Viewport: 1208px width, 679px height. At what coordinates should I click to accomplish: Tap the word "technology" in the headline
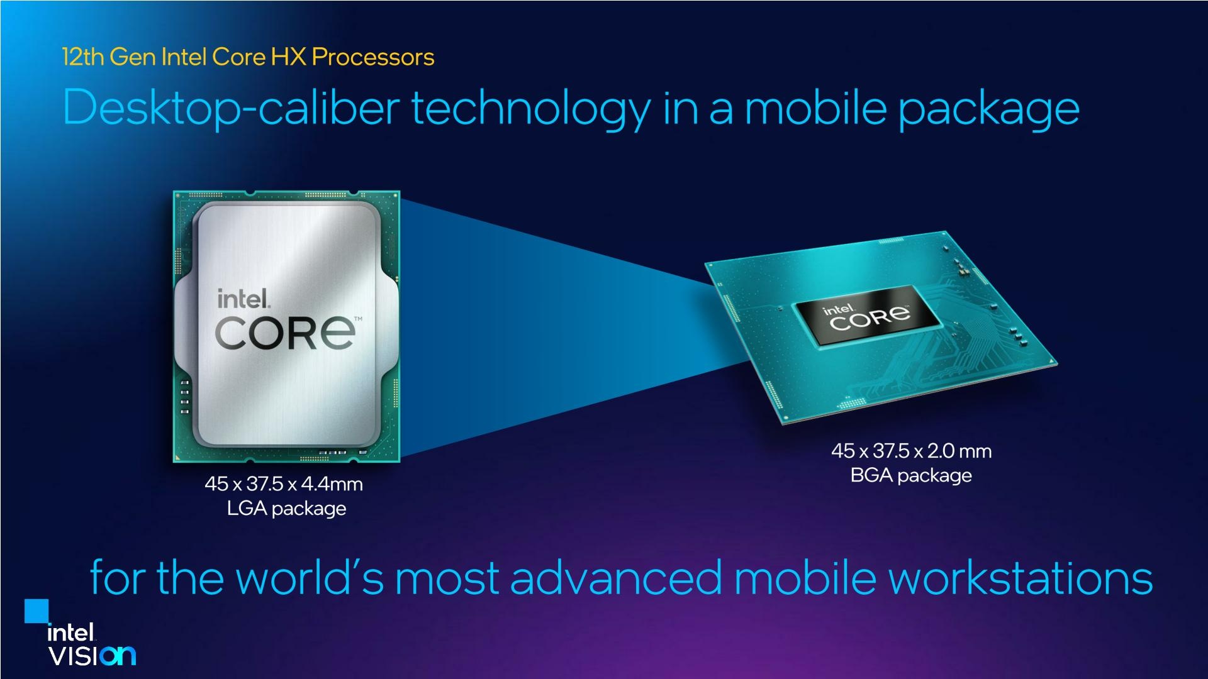coord(530,108)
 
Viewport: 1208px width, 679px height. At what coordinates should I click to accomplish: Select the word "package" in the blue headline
coord(988,108)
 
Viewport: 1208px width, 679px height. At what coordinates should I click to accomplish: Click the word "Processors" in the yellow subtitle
coord(372,57)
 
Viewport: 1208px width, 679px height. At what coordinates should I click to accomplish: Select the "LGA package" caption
coord(286,508)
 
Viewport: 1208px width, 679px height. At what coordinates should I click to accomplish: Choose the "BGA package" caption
coord(911,475)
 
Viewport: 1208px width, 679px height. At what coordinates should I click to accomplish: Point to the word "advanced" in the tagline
coord(616,577)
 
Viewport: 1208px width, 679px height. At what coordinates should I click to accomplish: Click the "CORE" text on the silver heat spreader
coord(284,333)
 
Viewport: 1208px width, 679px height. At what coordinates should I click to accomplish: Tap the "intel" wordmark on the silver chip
coord(243,299)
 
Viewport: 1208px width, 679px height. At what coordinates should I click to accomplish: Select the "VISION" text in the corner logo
coord(92,656)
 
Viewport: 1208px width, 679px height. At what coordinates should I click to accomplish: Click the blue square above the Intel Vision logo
coord(36,611)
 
